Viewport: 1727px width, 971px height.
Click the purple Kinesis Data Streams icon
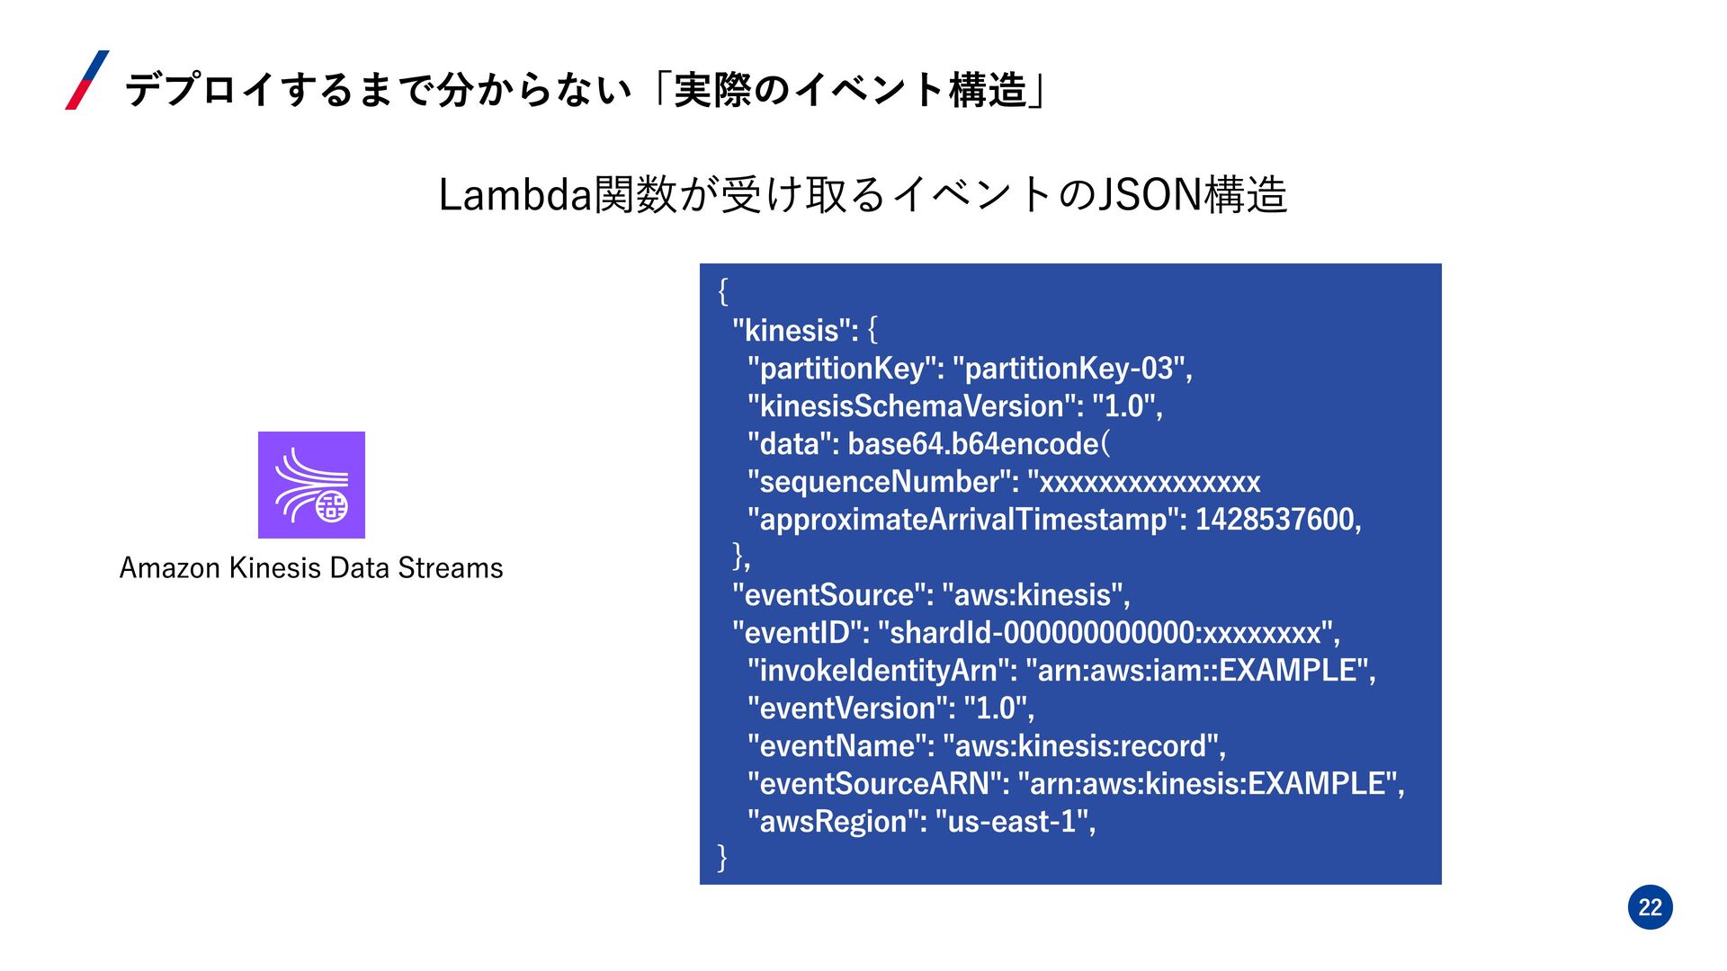(x=311, y=485)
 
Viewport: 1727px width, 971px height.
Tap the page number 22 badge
(x=1650, y=907)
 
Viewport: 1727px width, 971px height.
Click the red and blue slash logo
(x=87, y=80)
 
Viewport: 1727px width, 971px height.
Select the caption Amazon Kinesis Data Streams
(x=311, y=568)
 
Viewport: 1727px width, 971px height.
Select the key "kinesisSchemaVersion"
(x=915, y=406)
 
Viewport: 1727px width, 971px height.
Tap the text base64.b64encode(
(x=979, y=444)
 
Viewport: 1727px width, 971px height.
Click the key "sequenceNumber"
(x=881, y=482)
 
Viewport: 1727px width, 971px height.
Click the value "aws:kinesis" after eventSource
(x=1034, y=595)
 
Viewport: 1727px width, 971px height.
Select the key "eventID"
(x=801, y=633)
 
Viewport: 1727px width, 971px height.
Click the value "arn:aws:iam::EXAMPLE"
(x=1198, y=671)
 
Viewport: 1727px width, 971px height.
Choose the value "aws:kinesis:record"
(x=1082, y=746)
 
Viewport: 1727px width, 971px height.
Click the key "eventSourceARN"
(x=878, y=784)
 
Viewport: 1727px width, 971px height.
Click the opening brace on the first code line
(x=722, y=291)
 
